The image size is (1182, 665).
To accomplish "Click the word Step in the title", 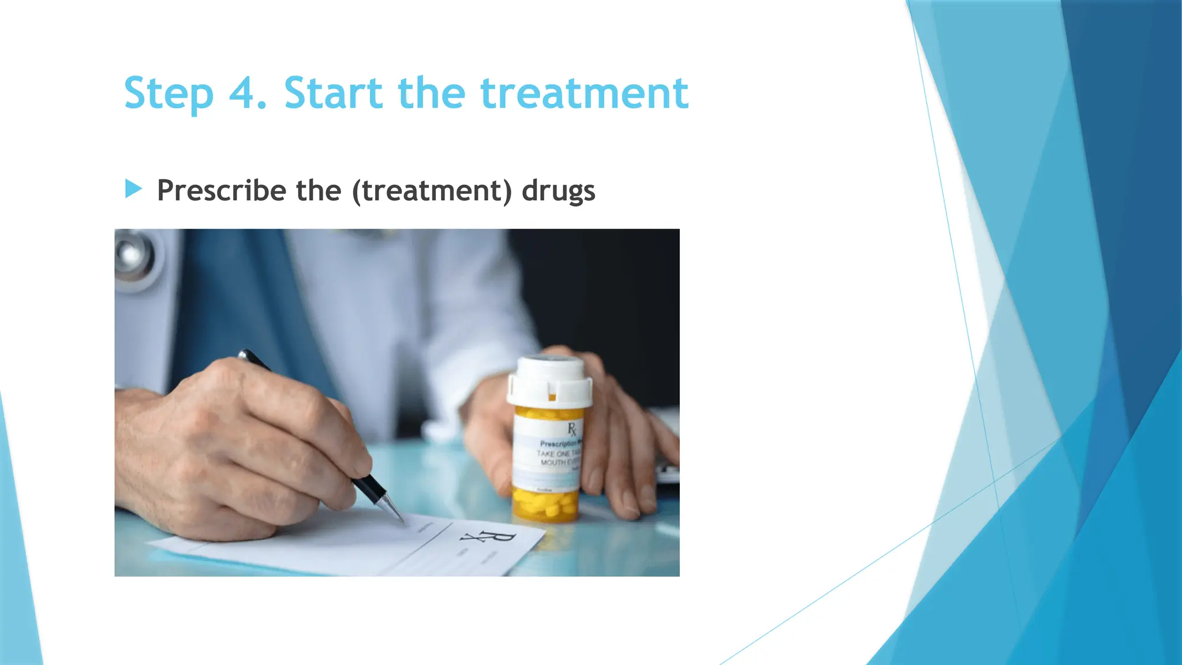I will tap(169, 94).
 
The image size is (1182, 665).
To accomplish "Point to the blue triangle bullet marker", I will tap(133, 189).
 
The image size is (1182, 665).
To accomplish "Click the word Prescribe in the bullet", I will tap(221, 190).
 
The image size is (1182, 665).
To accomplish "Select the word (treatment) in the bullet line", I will tap(432, 190).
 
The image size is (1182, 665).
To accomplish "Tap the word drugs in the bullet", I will tap(558, 190).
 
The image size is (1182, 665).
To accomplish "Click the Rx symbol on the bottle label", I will tap(571, 429).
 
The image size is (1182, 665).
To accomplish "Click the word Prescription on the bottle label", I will tap(559, 443).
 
